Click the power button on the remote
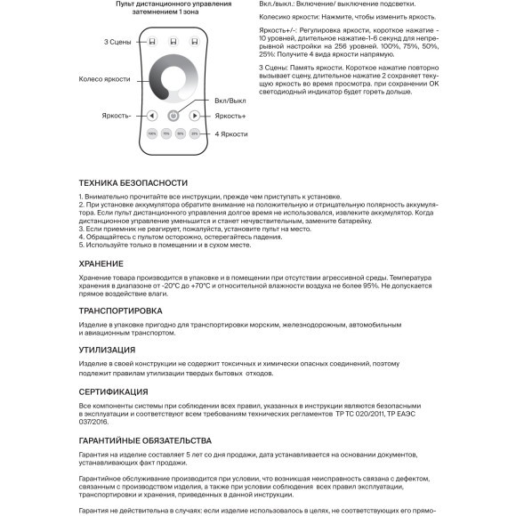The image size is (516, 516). (173, 116)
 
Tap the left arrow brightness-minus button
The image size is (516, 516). (152, 116)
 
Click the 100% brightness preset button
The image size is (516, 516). (152, 133)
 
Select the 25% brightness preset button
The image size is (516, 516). (194, 133)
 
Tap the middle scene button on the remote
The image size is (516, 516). (173, 41)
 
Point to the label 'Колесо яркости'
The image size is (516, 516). (103, 80)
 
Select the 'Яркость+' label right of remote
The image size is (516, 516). (230, 116)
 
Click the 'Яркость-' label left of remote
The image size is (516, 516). (117, 116)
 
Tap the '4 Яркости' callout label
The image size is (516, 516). (230, 133)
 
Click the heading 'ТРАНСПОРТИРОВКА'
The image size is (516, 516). (120, 311)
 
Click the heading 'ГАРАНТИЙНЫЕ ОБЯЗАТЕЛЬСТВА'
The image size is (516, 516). (145, 441)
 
